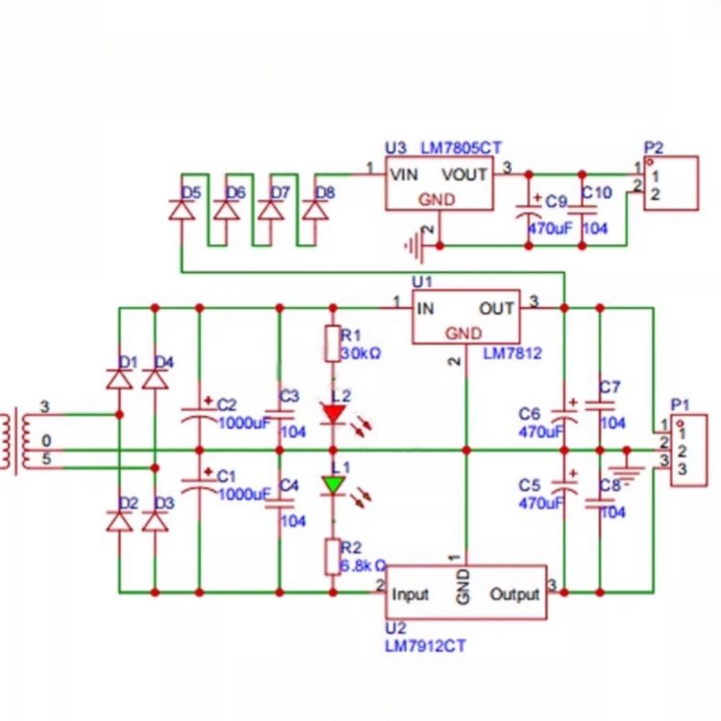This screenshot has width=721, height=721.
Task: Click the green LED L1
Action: coord(333,485)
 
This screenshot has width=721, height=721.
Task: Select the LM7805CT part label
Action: coord(460,148)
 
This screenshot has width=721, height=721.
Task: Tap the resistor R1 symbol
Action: coord(333,344)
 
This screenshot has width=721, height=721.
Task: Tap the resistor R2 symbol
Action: coord(333,557)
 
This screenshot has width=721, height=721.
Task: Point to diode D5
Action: coord(181,210)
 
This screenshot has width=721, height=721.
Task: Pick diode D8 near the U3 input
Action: coord(315,210)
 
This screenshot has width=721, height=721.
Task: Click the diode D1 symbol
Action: coord(120,379)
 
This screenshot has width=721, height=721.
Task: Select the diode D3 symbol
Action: coord(155,521)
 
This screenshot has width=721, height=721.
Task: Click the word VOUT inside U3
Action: coord(464,175)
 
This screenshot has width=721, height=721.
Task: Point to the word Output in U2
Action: coord(514,594)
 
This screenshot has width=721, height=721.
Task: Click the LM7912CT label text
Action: coord(425,645)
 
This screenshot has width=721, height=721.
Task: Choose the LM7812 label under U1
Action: coord(512,354)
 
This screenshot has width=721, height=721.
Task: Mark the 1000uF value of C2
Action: coord(244,423)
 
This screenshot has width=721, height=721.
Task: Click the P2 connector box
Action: coord(671,183)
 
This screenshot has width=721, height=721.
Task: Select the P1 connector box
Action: coord(689,451)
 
